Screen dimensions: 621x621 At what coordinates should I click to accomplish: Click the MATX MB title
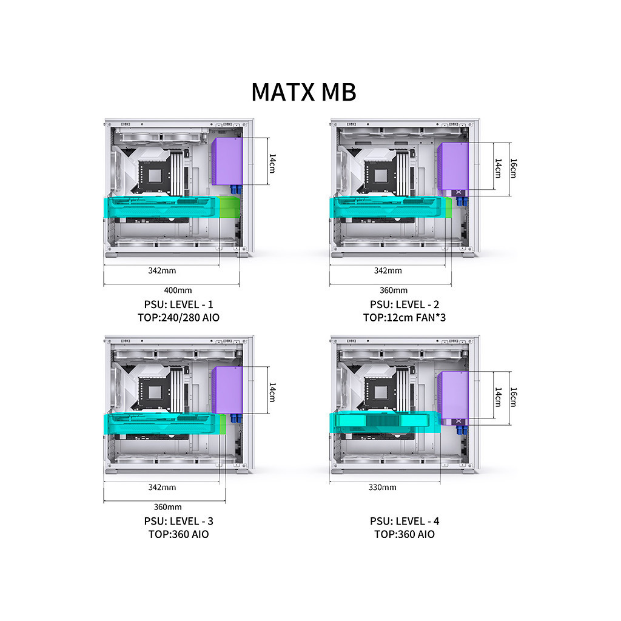point(304,92)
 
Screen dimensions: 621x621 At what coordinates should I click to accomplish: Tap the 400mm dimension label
point(178,290)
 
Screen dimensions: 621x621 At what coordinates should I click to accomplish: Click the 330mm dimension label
point(382,487)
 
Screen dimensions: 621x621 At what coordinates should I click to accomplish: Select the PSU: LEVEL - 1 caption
point(179,304)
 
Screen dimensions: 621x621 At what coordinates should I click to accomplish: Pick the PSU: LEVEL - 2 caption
point(404,304)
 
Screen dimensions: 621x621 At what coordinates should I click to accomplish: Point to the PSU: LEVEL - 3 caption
point(179,521)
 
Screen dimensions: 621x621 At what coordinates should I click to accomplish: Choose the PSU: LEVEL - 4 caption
point(404,521)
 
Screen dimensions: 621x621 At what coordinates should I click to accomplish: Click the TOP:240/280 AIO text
point(179,318)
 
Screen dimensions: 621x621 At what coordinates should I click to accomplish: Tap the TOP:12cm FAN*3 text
point(404,318)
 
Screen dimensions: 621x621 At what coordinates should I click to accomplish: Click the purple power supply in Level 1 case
point(227,161)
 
